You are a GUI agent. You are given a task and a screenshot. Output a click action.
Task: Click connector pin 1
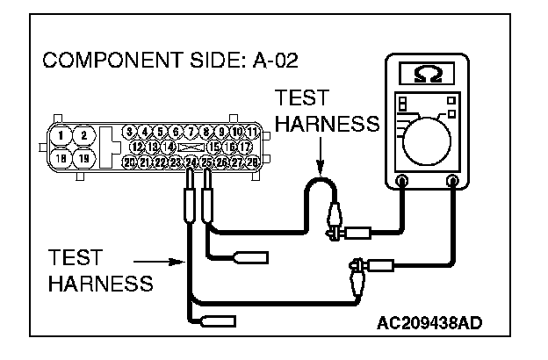click(60, 135)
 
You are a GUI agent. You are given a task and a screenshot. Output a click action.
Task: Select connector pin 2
click(83, 135)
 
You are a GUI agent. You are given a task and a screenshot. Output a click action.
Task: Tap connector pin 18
click(60, 159)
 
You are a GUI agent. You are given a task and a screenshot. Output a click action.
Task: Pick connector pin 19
click(83, 159)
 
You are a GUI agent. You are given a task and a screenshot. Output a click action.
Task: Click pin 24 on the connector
click(191, 162)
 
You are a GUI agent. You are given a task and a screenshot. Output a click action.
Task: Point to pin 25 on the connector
click(207, 162)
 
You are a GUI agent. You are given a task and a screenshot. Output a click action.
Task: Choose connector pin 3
click(130, 133)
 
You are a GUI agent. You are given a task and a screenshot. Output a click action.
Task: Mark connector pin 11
click(252, 133)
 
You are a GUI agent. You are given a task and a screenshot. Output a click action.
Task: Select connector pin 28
click(252, 162)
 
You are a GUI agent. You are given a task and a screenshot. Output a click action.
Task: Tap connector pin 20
click(130, 162)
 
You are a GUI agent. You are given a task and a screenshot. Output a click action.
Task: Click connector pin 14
click(169, 147)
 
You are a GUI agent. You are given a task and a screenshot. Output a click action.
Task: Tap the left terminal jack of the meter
click(402, 183)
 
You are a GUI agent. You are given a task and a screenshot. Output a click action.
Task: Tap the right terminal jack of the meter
click(454, 183)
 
